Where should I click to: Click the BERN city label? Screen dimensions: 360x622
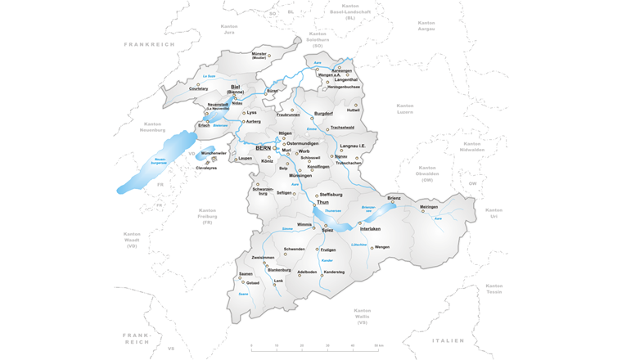[x=264, y=148]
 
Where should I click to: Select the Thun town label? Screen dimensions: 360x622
[x=322, y=201]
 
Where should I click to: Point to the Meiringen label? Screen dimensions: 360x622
[x=429, y=207]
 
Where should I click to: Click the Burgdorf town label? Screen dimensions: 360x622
[x=324, y=114]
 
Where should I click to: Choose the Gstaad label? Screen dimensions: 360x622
[x=253, y=283]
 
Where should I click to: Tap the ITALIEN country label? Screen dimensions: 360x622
[x=448, y=340]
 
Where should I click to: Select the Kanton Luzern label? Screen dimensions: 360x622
[x=405, y=109]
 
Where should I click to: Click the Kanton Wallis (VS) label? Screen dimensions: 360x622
[x=362, y=317]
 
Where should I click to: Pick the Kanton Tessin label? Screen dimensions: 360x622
[x=494, y=289]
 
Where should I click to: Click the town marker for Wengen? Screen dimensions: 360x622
[x=372, y=248]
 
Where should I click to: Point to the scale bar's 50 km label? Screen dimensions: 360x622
[x=378, y=346]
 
